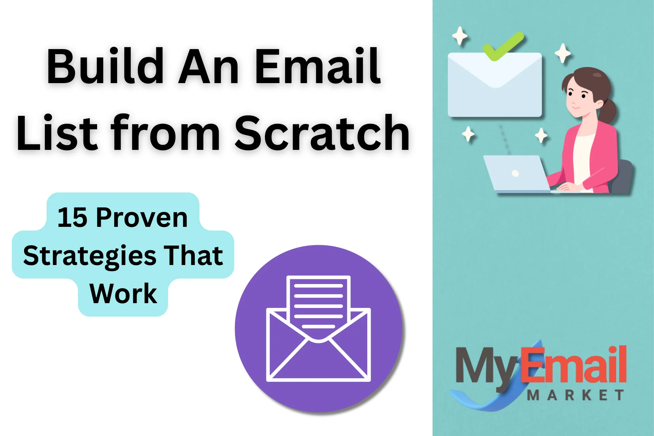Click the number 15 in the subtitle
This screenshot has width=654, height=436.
coord(72,218)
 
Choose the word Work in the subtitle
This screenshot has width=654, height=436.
coord(123,294)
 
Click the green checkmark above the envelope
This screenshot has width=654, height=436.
coord(503,46)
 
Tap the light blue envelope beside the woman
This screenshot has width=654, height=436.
coord(495,84)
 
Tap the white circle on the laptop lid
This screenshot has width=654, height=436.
coord(515,173)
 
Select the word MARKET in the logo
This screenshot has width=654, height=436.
coord(576,395)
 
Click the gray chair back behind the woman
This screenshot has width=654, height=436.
coord(622,176)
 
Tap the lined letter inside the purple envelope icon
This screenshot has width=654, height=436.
coord(318,303)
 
